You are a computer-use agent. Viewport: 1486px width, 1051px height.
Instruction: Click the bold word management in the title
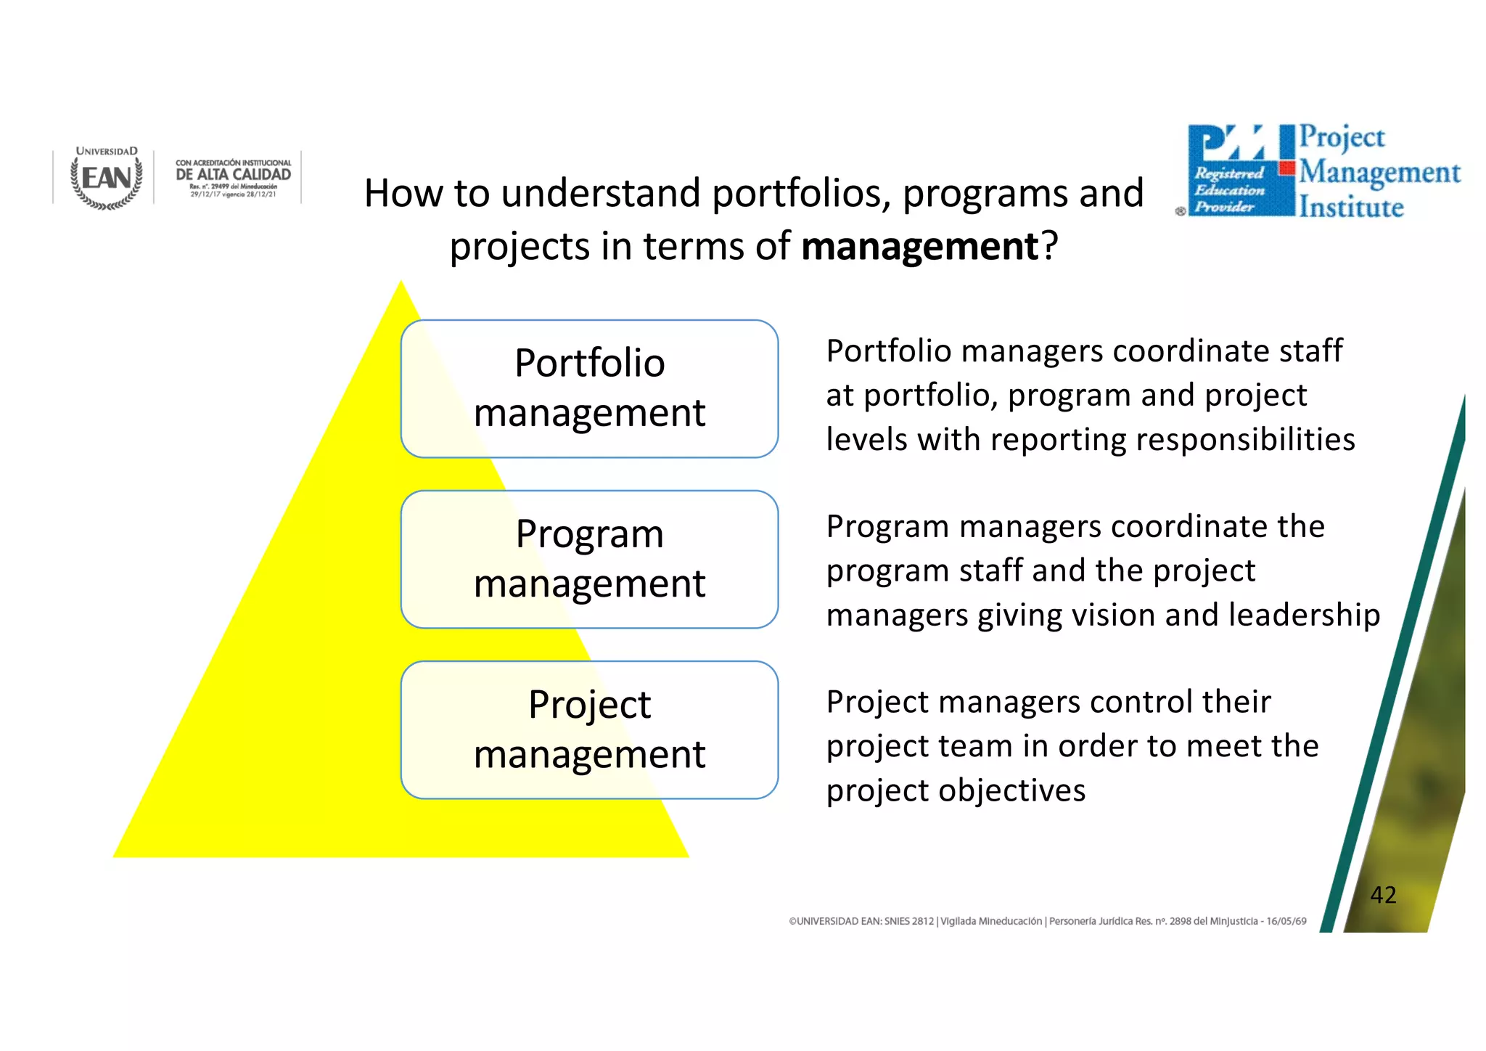[921, 246]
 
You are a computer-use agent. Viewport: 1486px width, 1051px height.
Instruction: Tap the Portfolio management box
[589, 388]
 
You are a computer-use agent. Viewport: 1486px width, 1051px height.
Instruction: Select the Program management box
[589, 559]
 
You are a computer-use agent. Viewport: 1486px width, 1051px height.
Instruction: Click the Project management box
[589, 729]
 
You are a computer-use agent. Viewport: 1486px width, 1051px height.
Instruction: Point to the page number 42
[1383, 894]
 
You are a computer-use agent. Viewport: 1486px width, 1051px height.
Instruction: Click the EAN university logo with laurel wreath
[107, 179]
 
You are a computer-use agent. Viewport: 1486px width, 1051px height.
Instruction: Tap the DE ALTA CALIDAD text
[233, 174]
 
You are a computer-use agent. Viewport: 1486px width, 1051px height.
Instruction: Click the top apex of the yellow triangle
[401, 284]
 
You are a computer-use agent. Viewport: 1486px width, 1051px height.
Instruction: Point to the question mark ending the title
[1050, 246]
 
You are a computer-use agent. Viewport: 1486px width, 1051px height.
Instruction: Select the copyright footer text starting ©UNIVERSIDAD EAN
[1047, 921]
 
